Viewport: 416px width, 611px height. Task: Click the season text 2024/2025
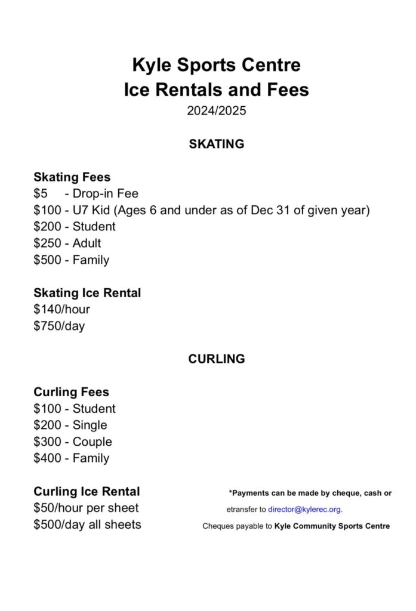(215, 110)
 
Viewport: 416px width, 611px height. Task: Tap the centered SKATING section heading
(216, 144)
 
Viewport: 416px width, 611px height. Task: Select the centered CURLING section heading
(216, 359)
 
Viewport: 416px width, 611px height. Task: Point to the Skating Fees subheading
(72, 177)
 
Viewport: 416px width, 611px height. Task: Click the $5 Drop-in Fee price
(41, 193)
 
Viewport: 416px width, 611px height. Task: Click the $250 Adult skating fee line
(67, 243)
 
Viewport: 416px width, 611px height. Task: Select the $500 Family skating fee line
(71, 260)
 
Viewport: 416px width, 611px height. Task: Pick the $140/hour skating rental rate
(61, 309)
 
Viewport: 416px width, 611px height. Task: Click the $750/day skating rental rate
(59, 326)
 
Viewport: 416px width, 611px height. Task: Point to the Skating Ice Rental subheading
(87, 293)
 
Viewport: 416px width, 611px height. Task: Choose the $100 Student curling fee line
(75, 409)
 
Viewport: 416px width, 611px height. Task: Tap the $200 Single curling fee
(70, 425)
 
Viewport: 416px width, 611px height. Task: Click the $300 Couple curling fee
(73, 442)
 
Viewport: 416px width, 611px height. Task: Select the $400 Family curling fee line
(71, 458)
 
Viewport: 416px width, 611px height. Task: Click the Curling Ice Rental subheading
(87, 492)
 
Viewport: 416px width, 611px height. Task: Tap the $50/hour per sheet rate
(86, 508)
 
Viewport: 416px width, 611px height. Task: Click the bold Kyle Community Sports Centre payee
(332, 526)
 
